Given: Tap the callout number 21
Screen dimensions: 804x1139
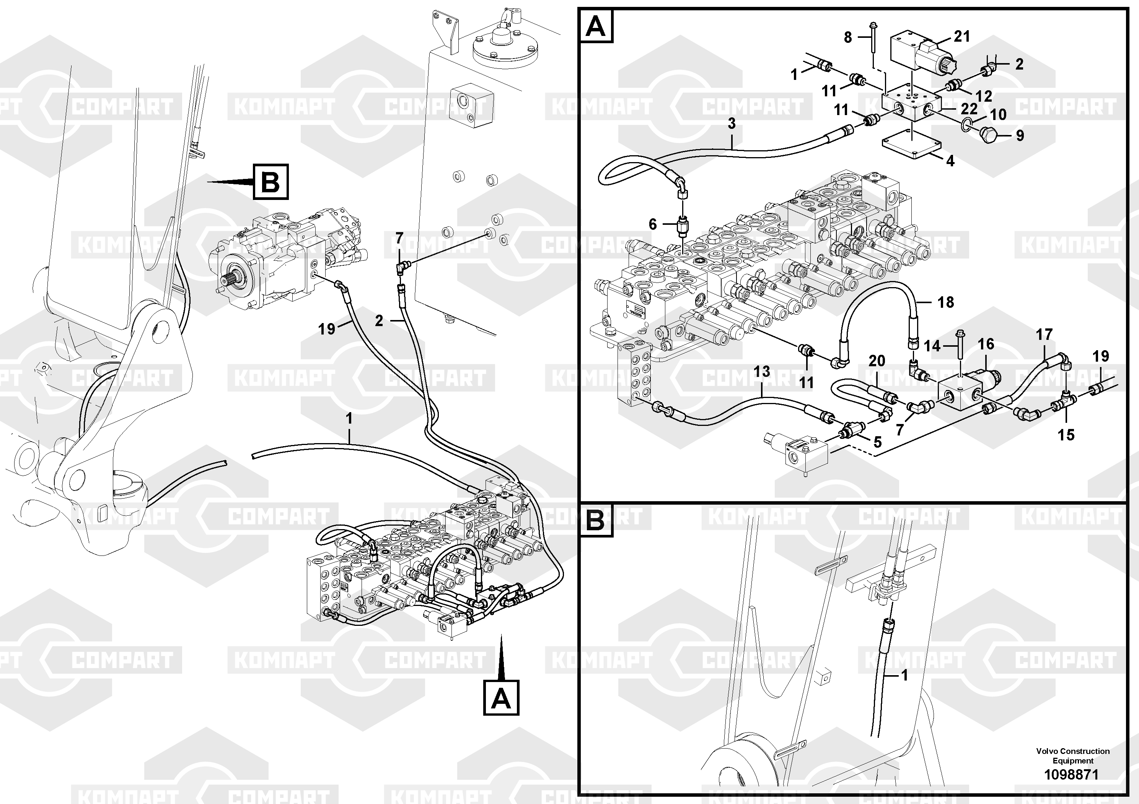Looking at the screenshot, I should [x=961, y=37].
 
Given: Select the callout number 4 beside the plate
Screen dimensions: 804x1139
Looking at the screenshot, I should [x=950, y=161].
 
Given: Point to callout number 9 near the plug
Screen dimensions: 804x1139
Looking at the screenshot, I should [x=1020, y=135].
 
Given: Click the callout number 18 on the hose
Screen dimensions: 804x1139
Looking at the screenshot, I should [x=945, y=302].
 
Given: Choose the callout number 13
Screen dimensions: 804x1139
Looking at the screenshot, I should [x=762, y=371].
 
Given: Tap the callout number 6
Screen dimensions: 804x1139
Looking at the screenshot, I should [x=653, y=224].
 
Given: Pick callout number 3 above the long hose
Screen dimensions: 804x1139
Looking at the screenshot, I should [x=732, y=123].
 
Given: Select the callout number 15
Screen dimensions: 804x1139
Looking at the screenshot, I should [x=1066, y=435].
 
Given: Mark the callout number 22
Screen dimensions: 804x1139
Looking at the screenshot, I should [x=969, y=109].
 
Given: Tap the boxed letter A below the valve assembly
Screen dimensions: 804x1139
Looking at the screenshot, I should [x=501, y=698].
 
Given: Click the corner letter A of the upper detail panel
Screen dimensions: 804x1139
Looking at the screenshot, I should [x=596, y=26].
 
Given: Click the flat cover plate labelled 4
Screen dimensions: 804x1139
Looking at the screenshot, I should [x=911, y=148].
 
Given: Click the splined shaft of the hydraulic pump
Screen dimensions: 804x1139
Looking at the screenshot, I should [x=230, y=281].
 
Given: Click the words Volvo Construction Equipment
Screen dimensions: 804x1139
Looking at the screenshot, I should [x=1072, y=756].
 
